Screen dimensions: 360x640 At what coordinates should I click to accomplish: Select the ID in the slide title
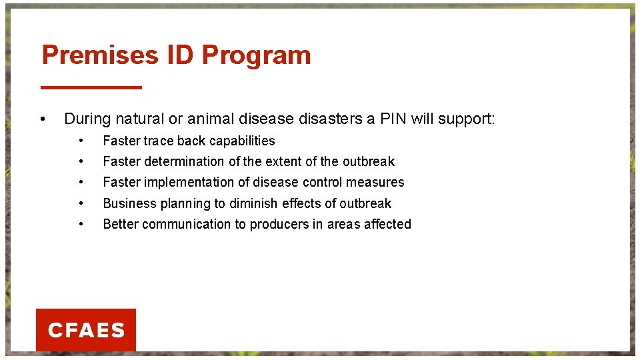click(x=180, y=55)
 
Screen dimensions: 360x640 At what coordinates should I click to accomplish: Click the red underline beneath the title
click(x=91, y=87)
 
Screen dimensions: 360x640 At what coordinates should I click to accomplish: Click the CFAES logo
click(x=86, y=330)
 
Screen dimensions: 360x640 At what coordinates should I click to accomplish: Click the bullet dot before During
click(x=43, y=120)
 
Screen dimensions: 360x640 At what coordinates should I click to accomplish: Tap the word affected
click(x=387, y=224)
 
